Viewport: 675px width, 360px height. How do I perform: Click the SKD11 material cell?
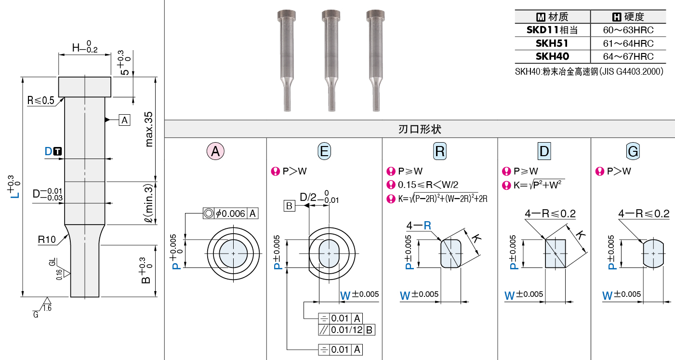(x=552, y=30)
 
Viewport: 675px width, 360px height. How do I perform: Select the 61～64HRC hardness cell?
(x=628, y=43)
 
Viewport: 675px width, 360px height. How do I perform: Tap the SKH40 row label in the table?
(x=552, y=56)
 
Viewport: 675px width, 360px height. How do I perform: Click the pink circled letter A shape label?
(x=215, y=151)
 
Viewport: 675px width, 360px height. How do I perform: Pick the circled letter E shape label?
(x=324, y=151)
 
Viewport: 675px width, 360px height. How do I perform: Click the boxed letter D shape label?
(x=544, y=151)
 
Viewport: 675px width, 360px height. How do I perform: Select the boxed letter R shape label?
(x=440, y=151)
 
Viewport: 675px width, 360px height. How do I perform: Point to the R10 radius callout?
(x=47, y=240)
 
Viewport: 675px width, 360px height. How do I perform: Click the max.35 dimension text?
(x=149, y=129)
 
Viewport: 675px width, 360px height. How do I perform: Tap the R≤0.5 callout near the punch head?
(x=40, y=100)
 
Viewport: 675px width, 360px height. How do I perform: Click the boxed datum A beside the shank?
(x=124, y=120)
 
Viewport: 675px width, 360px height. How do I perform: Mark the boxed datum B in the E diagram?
(x=289, y=206)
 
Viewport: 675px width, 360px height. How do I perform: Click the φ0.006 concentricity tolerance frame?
(x=230, y=213)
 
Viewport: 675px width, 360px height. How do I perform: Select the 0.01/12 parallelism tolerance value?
(x=346, y=330)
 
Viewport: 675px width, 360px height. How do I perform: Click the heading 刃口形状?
(x=420, y=129)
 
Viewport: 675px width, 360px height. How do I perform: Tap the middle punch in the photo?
(x=331, y=60)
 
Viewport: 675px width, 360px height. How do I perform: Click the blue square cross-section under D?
(x=556, y=253)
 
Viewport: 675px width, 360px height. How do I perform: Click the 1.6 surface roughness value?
(x=47, y=308)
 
